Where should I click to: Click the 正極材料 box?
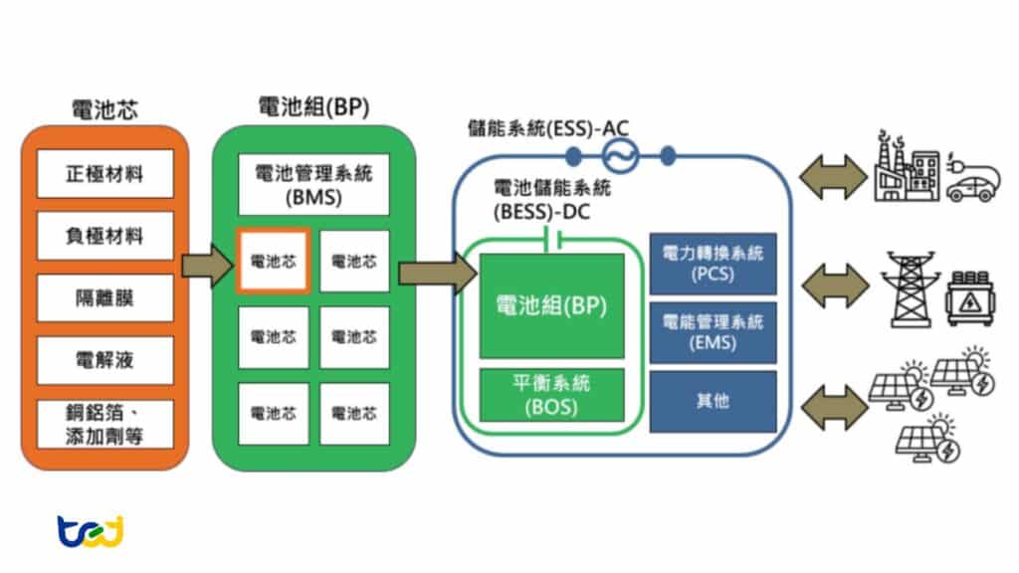tap(104, 173)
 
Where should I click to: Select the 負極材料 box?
tap(104, 236)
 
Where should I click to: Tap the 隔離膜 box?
tap(104, 297)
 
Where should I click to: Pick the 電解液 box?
tap(104, 360)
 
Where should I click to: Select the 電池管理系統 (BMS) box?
tap(313, 185)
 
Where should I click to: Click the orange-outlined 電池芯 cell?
tap(273, 261)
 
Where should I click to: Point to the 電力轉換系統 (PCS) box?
tap(713, 264)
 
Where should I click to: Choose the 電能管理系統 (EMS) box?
tap(713, 332)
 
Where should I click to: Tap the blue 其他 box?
tap(713, 401)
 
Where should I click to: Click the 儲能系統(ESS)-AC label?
tap(548, 128)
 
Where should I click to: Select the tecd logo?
tap(90, 530)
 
